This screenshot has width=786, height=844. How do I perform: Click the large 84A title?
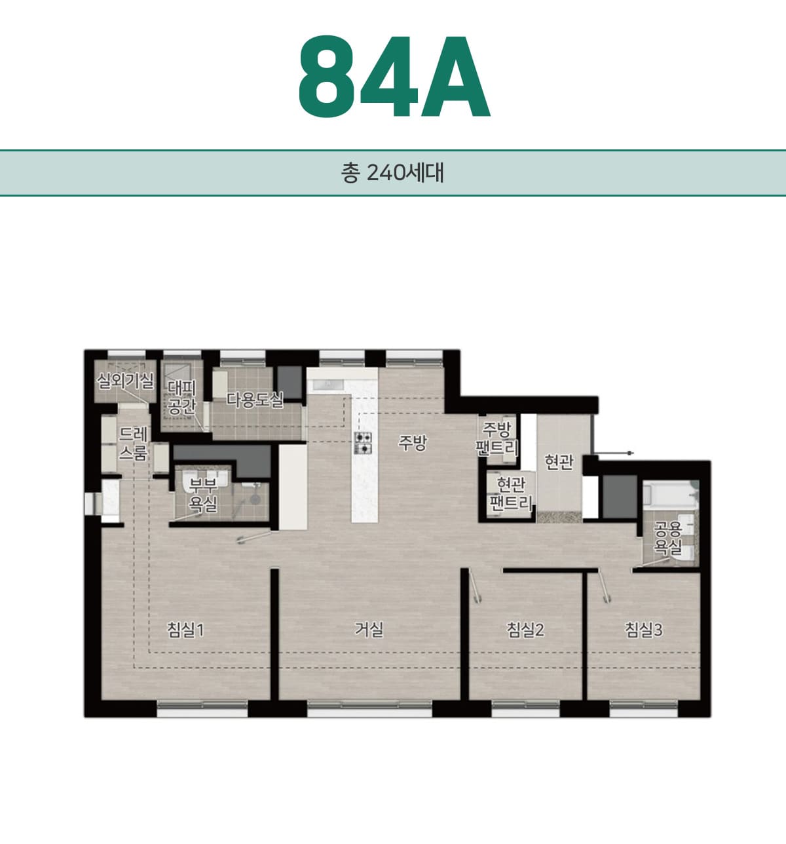(x=394, y=77)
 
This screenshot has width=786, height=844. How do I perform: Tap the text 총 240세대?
(x=392, y=173)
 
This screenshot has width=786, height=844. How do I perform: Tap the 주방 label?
(x=412, y=443)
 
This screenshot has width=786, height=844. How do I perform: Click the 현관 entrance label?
(x=559, y=462)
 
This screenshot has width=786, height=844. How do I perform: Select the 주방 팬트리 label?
(x=496, y=438)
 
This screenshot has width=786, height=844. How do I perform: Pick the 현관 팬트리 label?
(x=510, y=493)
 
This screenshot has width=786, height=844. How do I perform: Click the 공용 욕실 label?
(x=667, y=538)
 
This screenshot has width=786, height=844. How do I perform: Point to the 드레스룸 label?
(x=133, y=444)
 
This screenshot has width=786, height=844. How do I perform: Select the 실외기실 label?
(x=126, y=381)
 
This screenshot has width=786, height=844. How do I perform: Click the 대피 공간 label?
(x=182, y=397)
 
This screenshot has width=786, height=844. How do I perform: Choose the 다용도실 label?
(x=254, y=400)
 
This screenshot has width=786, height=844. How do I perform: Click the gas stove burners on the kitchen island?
(x=364, y=443)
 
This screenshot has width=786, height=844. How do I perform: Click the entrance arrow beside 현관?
(x=614, y=453)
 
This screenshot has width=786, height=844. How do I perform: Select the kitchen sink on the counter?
(x=327, y=385)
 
